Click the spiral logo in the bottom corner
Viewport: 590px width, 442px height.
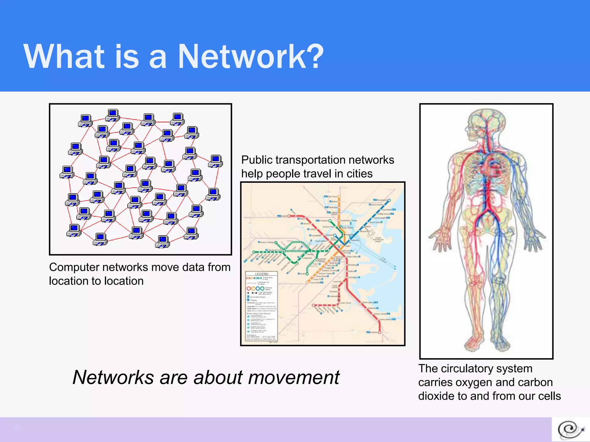point(570,430)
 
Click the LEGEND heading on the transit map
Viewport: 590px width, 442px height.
point(262,274)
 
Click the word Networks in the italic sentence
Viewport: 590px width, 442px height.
point(113,378)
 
